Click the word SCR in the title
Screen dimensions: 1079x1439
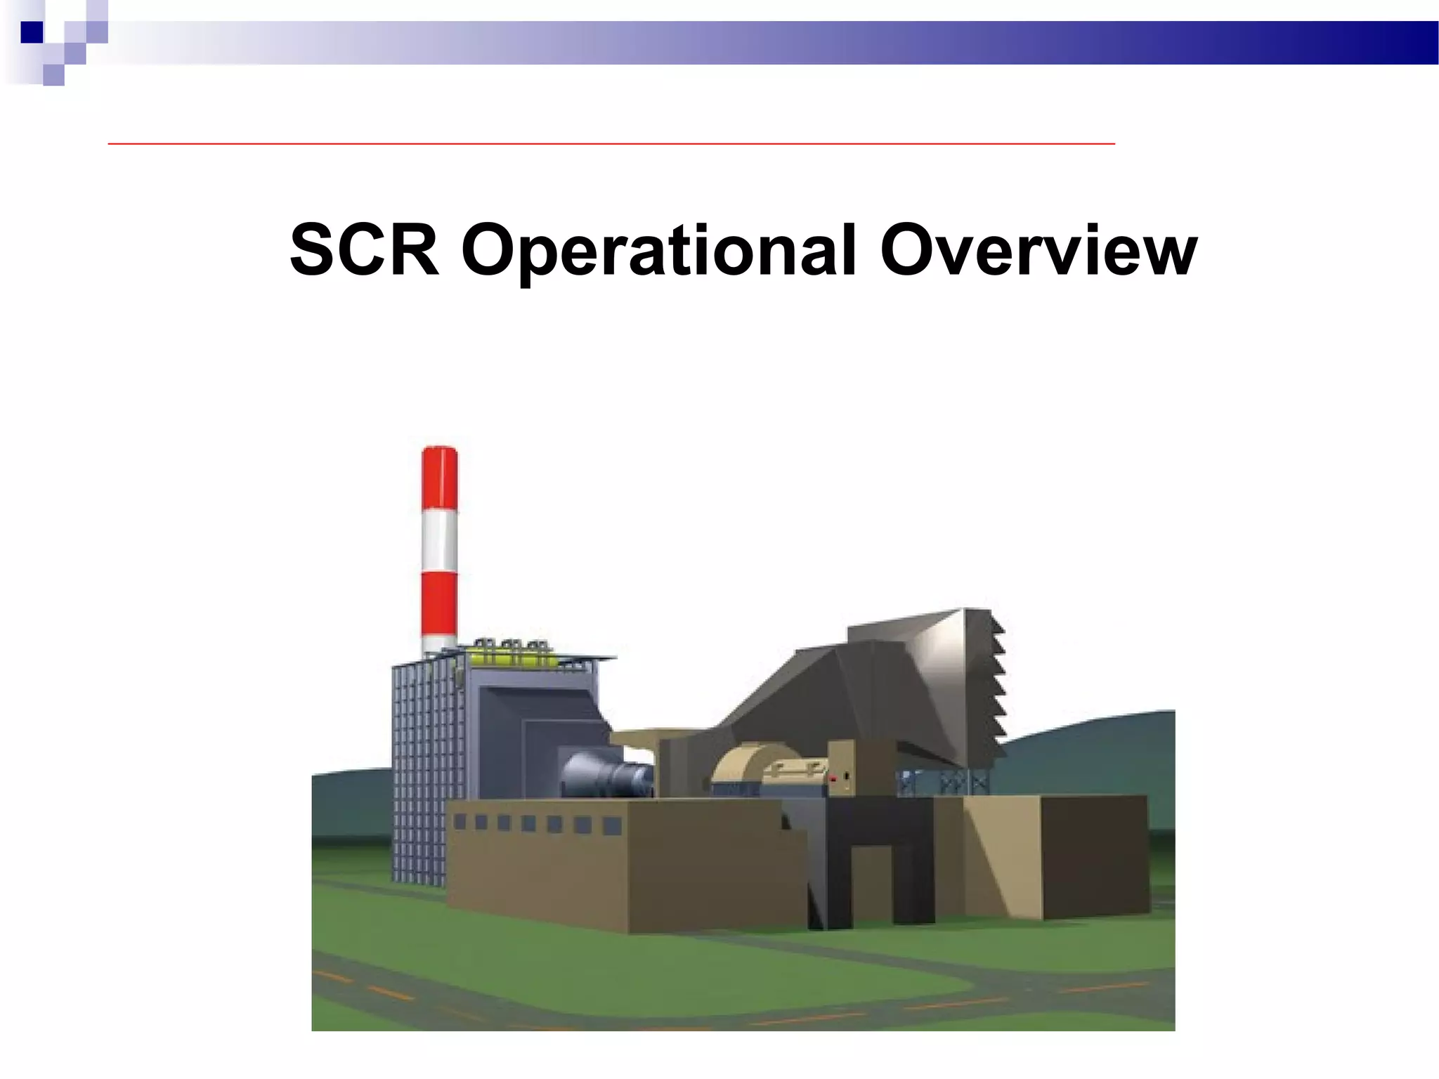[x=364, y=251]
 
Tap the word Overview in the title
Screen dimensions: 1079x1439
[x=1038, y=251]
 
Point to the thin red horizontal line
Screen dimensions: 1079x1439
[x=611, y=143]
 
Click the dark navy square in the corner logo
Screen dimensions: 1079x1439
[x=32, y=32]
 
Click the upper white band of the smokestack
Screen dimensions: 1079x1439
[x=440, y=544]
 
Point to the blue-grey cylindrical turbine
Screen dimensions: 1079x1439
[x=608, y=773]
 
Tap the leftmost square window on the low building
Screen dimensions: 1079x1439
[x=460, y=821]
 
